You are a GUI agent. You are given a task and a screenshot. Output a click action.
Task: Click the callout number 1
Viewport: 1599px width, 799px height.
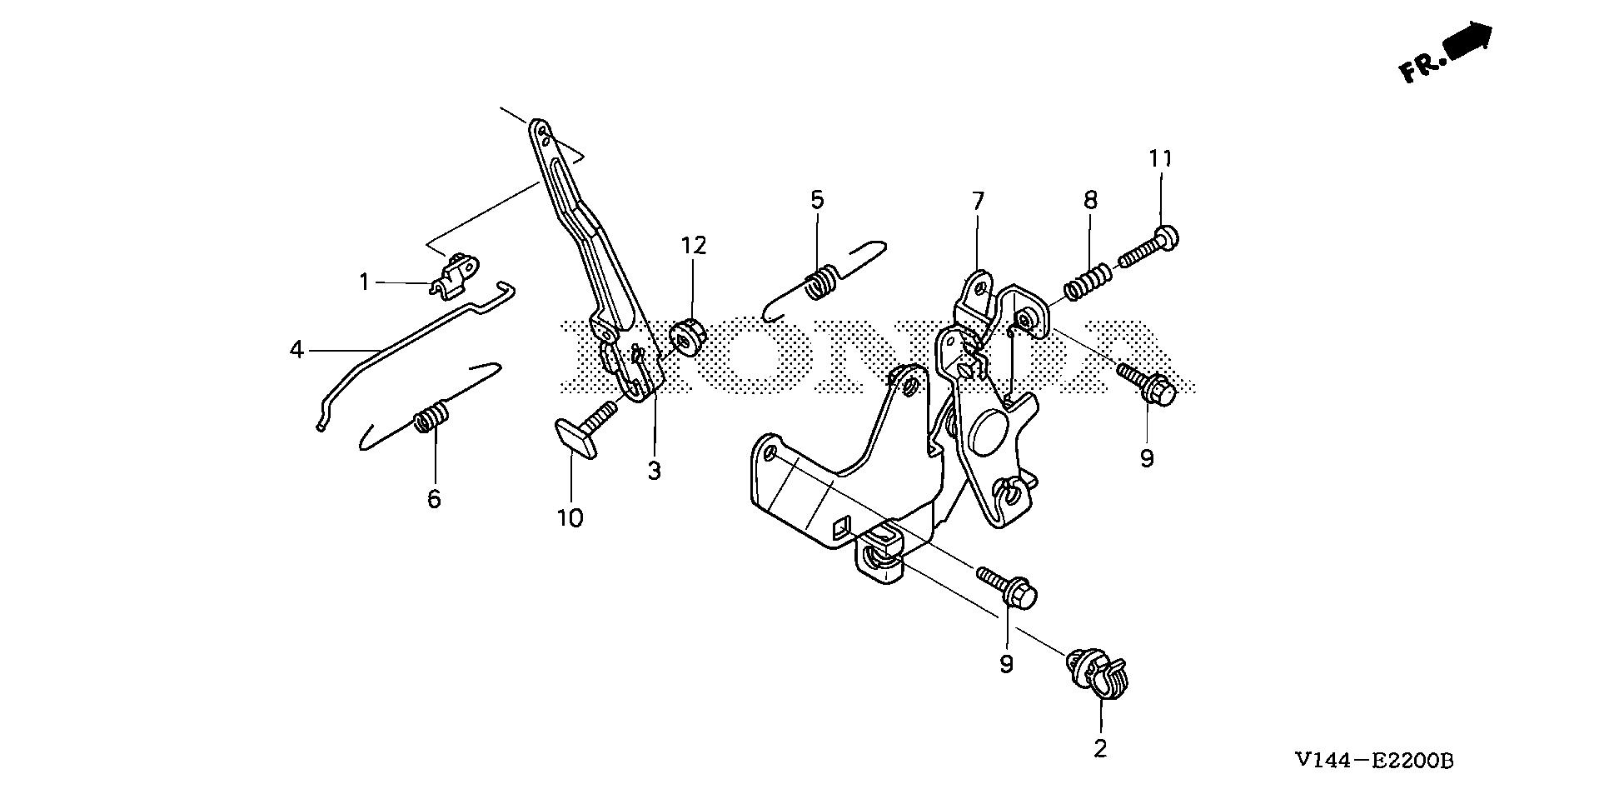(x=364, y=282)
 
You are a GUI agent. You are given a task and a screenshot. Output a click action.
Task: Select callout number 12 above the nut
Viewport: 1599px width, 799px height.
(x=693, y=245)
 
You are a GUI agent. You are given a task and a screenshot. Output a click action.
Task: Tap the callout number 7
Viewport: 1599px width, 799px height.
(x=978, y=201)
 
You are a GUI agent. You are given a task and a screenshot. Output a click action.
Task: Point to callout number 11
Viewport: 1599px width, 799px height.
(x=1161, y=158)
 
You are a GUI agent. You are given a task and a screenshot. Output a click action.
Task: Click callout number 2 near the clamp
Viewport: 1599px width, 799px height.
(x=1100, y=748)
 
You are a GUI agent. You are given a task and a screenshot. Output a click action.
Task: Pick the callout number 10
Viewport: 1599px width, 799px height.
(x=570, y=518)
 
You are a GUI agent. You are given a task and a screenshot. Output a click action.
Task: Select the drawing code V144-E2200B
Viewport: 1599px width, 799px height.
(x=1373, y=761)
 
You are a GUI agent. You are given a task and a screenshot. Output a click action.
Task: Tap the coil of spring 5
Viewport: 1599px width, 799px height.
(x=823, y=280)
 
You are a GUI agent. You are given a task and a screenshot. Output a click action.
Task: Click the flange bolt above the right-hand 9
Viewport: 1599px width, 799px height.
(x=1148, y=385)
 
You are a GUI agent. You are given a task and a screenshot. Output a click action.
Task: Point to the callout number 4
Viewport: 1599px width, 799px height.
(x=296, y=350)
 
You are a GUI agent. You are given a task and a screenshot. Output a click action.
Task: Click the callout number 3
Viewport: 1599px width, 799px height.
(x=655, y=471)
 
